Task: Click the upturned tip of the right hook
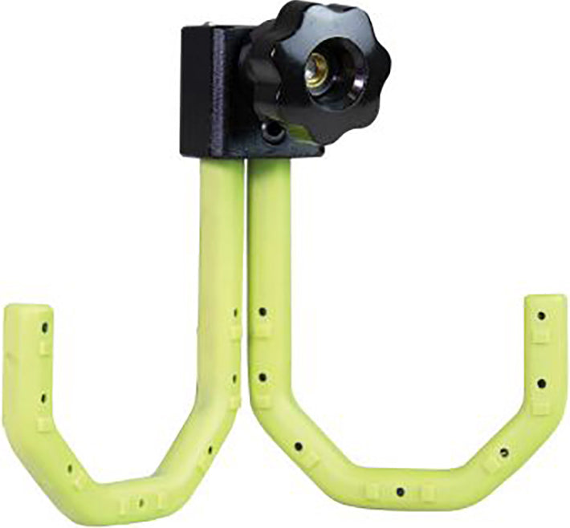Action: (545, 310)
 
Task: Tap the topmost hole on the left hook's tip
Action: (44, 327)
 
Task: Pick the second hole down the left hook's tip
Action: (42, 394)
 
